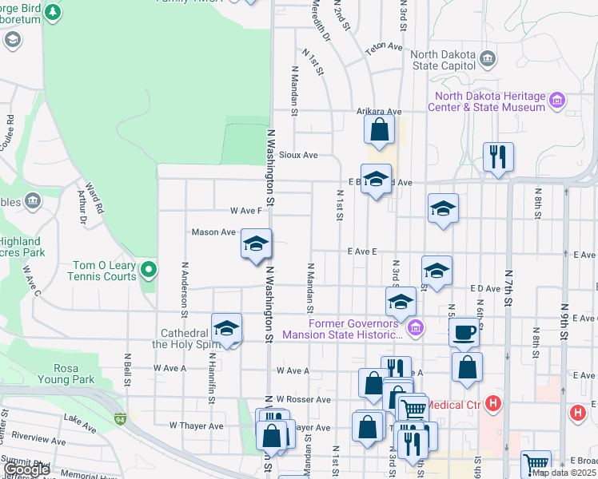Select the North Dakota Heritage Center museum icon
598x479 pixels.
[x=557, y=101]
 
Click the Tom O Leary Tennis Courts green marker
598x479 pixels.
[x=148, y=271]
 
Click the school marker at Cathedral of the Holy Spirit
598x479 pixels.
[x=226, y=328]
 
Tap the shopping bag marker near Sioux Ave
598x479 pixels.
[x=380, y=130]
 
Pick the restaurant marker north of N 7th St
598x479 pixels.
[x=498, y=157]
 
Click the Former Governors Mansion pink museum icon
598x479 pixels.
[x=415, y=327]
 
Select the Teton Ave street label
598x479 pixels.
[x=384, y=47]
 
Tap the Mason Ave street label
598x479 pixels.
[x=213, y=232]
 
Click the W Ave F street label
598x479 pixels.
[x=246, y=211]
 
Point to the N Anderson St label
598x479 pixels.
[x=185, y=286]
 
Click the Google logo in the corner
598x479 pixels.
[x=26, y=470]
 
